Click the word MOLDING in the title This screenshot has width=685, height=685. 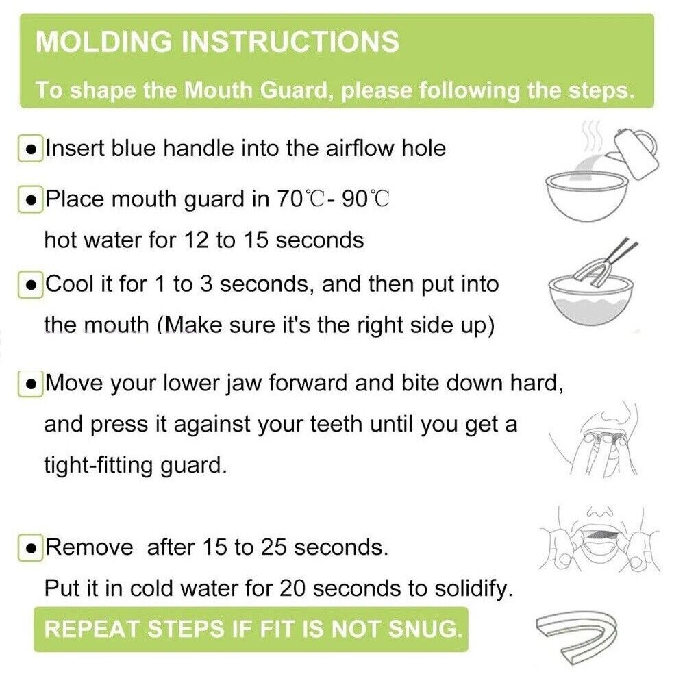click(x=104, y=42)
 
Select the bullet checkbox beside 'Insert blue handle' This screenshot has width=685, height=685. click(x=31, y=149)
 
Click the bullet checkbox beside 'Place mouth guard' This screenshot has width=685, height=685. click(x=31, y=199)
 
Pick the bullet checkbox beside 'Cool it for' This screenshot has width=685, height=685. click(x=31, y=285)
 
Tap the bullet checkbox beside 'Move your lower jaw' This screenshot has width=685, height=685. click(x=31, y=384)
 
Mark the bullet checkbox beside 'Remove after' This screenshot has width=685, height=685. click(x=31, y=548)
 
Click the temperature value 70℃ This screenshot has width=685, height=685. click(x=301, y=199)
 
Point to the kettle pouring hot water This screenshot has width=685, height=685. click(x=636, y=153)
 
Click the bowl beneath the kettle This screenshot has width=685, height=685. click(x=587, y=197)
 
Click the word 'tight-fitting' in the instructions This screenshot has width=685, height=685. click(x=99, y=465)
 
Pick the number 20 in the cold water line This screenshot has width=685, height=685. click(x=292, y=588)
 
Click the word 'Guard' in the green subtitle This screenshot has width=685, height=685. click(x=292, y=90)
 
